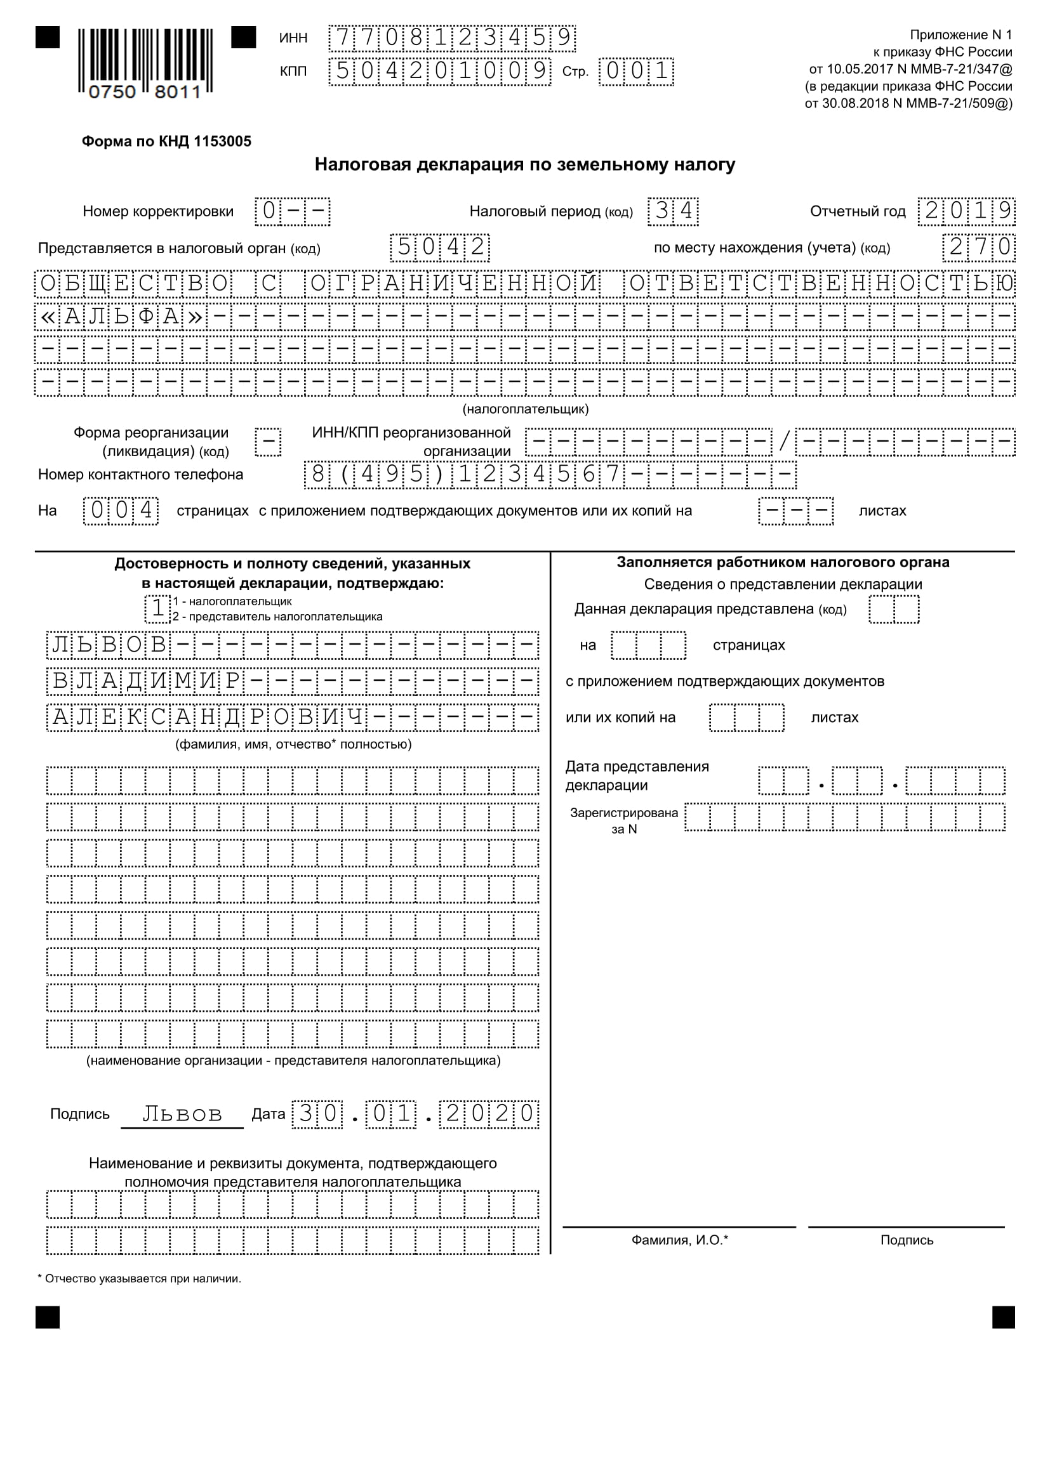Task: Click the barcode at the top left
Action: click(145, 62)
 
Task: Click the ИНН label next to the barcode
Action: click(293, 38)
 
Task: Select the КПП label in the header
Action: click(293, 71)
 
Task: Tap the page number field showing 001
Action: click(636, 71)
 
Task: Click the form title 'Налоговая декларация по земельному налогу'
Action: click(524, 165)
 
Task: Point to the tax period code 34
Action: click(673, 211)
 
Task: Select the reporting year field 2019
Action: click(967, 211)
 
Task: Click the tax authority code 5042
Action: click(440, 247)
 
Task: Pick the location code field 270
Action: click(979, 247)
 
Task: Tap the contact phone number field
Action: click(550, 475)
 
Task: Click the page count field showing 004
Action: click(121, 511)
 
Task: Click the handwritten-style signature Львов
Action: click(182, 1113)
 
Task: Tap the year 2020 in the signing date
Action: click(489, 1113)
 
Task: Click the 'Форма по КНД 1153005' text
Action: click(166, 141)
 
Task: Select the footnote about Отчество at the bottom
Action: click(140, 1278)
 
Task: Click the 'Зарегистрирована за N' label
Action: click(623, 820)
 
